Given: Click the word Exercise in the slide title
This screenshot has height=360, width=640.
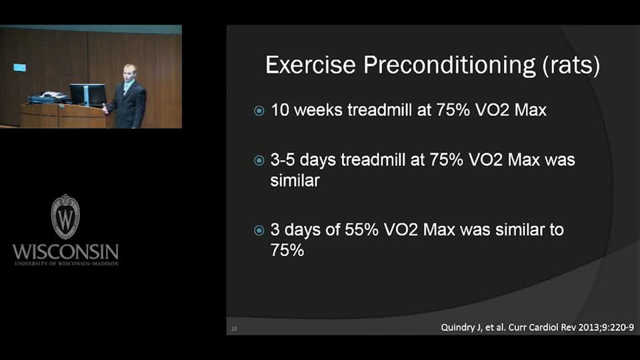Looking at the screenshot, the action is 310,65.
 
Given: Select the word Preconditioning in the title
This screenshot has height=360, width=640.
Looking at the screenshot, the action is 449,65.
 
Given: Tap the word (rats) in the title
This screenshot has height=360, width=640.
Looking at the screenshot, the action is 571,65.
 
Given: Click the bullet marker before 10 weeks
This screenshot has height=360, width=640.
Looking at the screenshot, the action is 259,111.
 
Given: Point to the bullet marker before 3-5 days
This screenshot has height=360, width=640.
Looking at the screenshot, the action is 259,161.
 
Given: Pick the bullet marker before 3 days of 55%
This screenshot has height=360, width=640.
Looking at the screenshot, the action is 259,231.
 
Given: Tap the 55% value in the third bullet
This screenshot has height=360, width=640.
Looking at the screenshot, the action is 361,230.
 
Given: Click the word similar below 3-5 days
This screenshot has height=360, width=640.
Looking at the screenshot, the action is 295,181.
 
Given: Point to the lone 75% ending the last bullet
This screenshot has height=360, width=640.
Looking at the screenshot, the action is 287,250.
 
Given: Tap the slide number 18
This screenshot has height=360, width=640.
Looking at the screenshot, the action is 234,329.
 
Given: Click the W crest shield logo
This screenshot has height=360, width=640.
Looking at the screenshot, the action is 65,216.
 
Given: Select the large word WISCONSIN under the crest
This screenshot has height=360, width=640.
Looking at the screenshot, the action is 65,252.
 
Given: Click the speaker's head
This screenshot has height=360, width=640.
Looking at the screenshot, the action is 129,73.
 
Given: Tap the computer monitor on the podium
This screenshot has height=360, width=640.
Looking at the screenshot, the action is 87,94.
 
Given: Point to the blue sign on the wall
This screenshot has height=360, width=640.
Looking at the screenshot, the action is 19,67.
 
